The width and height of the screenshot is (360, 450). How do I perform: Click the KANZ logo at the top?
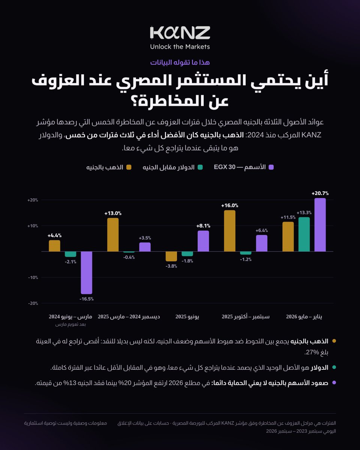[x=180, y=33]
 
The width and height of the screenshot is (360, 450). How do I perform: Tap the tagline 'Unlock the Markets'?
[x=180, y=46]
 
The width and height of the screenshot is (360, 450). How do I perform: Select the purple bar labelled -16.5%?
[x=87, y=273]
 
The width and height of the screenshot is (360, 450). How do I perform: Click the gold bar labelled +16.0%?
[x=229, y=231]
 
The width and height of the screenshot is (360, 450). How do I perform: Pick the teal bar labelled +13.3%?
[x=304, y=234]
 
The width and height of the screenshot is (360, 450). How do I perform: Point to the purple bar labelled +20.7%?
[x=320, y=225]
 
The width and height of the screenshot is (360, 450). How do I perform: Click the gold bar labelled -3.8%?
[x=171, y=256]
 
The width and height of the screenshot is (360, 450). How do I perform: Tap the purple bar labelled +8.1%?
[x=203, y=241]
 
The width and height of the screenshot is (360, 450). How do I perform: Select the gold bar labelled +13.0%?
[x=113, y=235]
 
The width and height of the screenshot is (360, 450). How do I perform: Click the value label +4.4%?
[x=55, y=235]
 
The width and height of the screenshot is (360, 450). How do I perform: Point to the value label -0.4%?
[x=129, y=257]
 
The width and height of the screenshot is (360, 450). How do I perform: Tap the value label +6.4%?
[x=262, y=230]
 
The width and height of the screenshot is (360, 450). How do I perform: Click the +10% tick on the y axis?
[x=33, y=226]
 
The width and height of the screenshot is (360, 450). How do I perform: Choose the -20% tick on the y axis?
[x=33, y=303]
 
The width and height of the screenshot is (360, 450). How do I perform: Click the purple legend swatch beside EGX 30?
[x=271, y=167]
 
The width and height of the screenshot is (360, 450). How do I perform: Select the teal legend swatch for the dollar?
[x=200, y=167]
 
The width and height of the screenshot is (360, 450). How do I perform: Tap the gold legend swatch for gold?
[x=129, y=167]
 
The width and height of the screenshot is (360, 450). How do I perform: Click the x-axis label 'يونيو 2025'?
[x=187, y=316]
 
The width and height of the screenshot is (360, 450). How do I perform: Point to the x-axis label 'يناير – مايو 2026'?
[x=304, y=316]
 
